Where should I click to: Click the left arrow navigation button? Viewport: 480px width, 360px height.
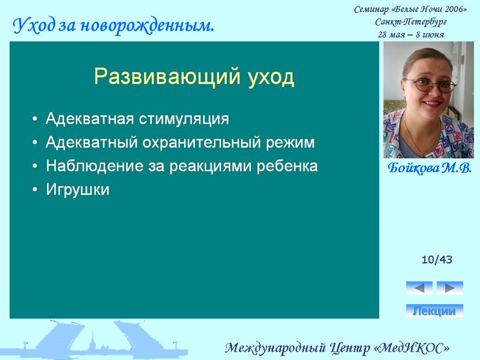[x=419, y=288]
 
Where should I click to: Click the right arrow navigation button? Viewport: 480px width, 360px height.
[x=450, y=288]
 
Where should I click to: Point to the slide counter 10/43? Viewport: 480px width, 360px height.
[x=437, y=260]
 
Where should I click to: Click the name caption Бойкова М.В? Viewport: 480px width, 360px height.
[x=428, y=169]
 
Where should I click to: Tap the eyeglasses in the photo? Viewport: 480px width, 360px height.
[x=430, y=85]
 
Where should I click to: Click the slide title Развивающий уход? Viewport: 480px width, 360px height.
[x=194, y=77]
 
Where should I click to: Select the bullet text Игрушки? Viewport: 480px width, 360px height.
[x=77, y=190]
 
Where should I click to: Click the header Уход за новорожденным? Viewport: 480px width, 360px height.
[x=113, y=25]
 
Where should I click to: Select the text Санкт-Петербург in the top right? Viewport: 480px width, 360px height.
[x=410, y=22]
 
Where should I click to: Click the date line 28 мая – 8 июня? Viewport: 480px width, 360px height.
[x=410, y=34]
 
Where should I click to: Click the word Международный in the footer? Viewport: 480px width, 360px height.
[x=275, y=347]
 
